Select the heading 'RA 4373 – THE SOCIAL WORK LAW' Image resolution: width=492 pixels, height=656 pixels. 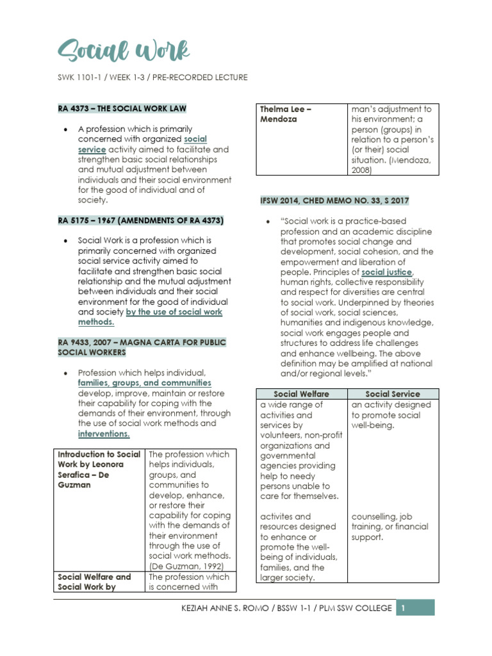pyautogui.click(x=122, y=109)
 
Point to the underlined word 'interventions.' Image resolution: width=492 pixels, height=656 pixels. pyautogui.click(x=104, y=434)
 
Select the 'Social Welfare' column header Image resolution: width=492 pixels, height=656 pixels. pyautogui.click(x=302, y=394)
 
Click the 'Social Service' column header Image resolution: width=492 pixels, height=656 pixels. pyautogui.click(x=393, y=394)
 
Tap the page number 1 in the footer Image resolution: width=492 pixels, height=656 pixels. pyautogui.click(x=403, y=608)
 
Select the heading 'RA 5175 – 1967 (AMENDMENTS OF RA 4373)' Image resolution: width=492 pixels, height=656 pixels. pyautogui.click(x=141, y=220)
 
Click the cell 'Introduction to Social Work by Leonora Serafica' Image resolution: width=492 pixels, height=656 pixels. pyautogui.click(x=99, y=470)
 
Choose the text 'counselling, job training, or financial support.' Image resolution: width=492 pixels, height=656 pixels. pyautogui.click(x=391, y=527)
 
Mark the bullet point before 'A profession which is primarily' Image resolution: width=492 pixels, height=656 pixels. pyautogui.click(x=65, y=129)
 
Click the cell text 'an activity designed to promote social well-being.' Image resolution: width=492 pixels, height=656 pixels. pyautogui.click(x=391, y=415)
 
